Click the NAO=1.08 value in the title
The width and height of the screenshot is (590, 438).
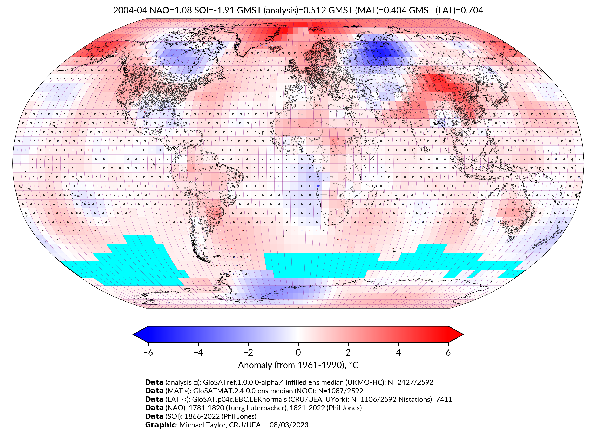(x=171, y=10)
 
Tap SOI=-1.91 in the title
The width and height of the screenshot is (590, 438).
(x=214, y=10)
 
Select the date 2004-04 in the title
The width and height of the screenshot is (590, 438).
(x=130, y=10)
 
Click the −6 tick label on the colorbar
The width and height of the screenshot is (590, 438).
(x=148, y=352)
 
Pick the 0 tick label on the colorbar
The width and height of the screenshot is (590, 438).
(x=298, y=352)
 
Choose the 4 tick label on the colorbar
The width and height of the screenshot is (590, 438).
(x=398, y=352)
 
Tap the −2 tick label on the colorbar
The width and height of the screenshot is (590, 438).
(x=248, y=352)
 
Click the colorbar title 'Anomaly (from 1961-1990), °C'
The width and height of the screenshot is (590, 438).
(x=298, y=365)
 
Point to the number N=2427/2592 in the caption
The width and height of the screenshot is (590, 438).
(x=410, y=382)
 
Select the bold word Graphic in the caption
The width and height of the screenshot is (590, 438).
(x=160, y=425)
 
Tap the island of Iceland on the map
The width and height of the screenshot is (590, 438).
(x=276, y=49)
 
